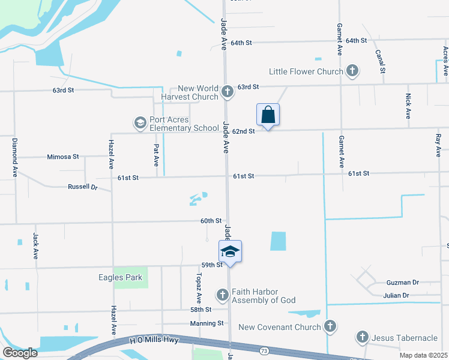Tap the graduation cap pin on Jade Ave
coord(230,251)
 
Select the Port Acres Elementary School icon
coord(140,123)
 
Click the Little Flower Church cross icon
coord(352,71)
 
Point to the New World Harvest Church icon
coord(227,92)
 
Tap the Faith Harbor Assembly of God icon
coord(223,295)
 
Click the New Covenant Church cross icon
coord(330,327)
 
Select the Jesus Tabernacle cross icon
coord(363,338)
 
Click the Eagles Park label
coord(121,277)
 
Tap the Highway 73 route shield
coord(264,349)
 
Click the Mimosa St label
coord(63,157)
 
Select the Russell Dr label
coord(83,187)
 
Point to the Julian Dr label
coord(396,295)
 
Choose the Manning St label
coord(207,323)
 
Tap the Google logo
coord(20,353)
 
